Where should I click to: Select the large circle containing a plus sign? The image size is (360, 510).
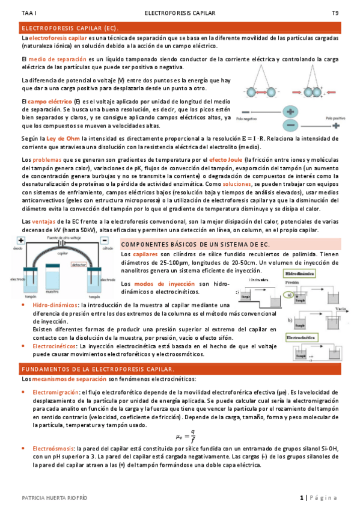(291, 112)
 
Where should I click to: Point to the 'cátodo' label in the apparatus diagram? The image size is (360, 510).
(108, 248)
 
